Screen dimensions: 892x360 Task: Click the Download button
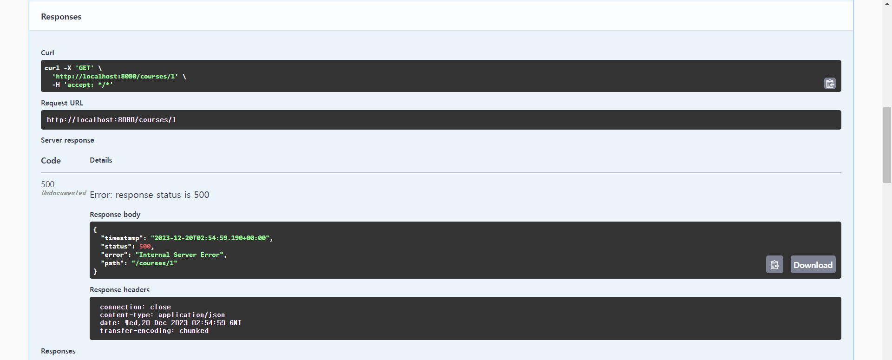(813, 265)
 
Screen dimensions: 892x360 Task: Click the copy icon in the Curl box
(830, 84)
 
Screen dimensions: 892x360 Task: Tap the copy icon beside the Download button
(774, 265)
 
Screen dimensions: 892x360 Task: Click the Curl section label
(47, 53)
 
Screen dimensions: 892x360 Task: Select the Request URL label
(62, 103)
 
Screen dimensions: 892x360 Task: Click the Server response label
(67, 140)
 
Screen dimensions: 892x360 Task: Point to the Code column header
(51, 161)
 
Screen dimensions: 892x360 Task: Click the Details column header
(101, 160)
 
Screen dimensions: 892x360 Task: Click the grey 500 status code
(47, 184)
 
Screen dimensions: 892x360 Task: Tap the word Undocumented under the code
(64, 193)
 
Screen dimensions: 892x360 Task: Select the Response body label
(115, 215)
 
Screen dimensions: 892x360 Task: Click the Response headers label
(119, 290)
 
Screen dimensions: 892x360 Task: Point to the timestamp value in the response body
(210, 238)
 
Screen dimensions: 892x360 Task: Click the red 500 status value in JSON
(145, 247)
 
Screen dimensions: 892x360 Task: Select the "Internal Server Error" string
(180, 255)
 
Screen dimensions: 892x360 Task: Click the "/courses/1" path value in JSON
(154, 263)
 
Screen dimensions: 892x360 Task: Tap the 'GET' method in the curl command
(85, 68)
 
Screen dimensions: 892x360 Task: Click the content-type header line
(162, 315)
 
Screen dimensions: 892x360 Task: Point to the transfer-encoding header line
(154, 331)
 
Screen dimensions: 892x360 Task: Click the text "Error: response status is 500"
(149, 195)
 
